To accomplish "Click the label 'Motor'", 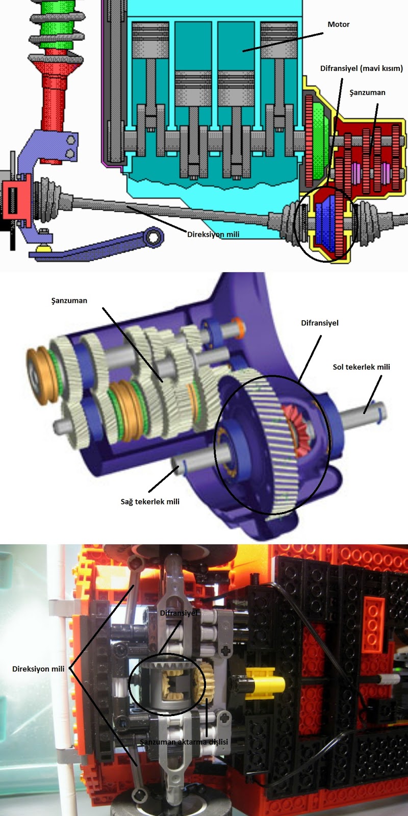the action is click(339, 24).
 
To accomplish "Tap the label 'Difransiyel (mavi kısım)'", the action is click(362, 68).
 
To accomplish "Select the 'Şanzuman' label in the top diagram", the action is click(367, 92).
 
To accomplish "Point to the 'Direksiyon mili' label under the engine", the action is click(213, 234).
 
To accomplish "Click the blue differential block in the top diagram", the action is click(326, 223).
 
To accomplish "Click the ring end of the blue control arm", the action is click(154, 237).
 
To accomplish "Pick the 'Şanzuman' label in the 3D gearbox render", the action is click(69, 301).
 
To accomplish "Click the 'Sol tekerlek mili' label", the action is click(361, 367).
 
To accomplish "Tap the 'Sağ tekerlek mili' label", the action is click(150, 502).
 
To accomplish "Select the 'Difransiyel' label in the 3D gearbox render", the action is click(319, 323).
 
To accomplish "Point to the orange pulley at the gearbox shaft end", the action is click(42, 375).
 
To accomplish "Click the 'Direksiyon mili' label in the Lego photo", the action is click(38, 669).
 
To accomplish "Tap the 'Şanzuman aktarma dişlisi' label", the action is click(184, 742).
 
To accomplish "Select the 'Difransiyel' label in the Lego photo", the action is click(178, 613).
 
